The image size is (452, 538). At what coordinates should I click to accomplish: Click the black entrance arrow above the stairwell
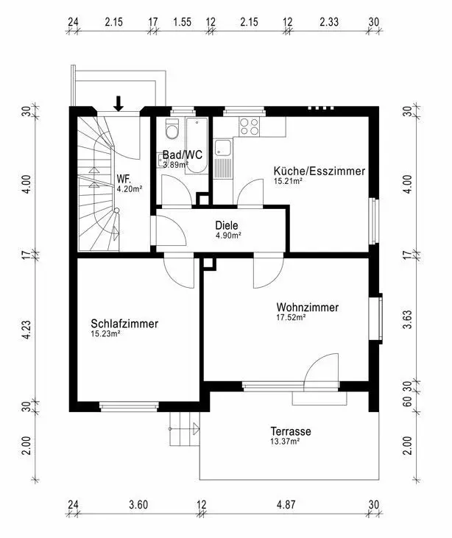pos(119,104)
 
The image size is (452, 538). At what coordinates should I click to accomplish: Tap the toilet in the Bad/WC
pos(172,129)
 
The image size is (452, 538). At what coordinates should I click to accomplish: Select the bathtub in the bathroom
pos(197,146)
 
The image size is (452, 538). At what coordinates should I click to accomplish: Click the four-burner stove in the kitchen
pos(250,127)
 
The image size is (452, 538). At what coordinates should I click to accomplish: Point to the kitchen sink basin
pos(223,148)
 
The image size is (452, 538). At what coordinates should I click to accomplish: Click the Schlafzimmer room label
pos(124,324)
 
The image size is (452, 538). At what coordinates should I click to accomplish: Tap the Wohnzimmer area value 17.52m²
pos(291,317)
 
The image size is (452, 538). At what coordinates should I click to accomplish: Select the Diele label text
pos(227,225)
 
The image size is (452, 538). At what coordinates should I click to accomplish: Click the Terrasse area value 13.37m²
pos(285,442)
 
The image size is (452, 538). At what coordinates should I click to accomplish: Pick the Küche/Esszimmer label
pos(319,171)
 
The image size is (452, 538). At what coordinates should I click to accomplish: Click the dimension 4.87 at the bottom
pos(286,505)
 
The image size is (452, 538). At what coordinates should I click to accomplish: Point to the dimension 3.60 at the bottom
pos(138,505)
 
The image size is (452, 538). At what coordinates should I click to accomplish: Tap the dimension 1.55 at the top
pos(183,22)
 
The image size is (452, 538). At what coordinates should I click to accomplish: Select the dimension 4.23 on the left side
pos(27,330)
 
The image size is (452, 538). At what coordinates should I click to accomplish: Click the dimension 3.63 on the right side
pos(407,319)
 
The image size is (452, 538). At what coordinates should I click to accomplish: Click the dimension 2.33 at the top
pos(329,22)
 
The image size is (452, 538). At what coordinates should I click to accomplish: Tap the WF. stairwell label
pos(123,179)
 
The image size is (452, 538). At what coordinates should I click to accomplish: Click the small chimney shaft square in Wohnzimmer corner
pos(208,263)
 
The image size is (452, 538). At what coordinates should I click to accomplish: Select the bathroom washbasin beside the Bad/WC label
pos(162,160)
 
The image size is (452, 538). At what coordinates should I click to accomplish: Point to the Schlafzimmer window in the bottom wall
pos(129,406)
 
